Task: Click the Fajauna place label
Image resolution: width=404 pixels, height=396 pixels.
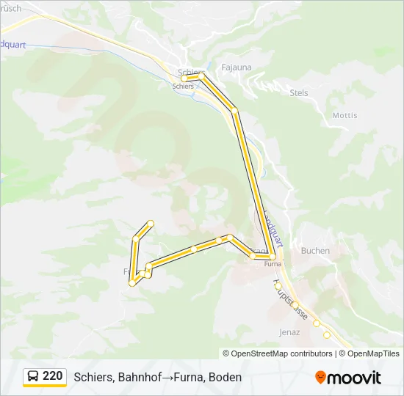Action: coord(236,67)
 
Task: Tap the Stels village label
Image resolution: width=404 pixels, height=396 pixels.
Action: coord(299,93)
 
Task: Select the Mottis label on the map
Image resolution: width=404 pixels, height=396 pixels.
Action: coord(345,115)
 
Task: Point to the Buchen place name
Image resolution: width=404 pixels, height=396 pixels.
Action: coord(315,250)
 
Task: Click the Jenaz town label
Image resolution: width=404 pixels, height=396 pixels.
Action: coord(289,331)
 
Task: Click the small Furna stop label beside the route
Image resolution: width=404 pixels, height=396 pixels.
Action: coord(273,264)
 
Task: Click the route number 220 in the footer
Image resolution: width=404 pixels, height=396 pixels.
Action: coord(52,376)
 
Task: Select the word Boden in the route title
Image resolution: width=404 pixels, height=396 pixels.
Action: coord(226,377)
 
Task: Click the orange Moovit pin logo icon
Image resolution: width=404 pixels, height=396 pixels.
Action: coord(320,377)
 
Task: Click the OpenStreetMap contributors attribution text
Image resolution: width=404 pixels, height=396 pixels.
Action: coord(282,353)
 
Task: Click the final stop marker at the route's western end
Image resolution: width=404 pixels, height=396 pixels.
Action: coord(151,223)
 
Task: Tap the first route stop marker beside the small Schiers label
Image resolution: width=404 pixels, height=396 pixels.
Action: coord(184,78)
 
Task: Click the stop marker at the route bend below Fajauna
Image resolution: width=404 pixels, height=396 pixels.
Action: coord(235,111)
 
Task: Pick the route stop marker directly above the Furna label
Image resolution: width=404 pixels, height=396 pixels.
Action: coord(272,256)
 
